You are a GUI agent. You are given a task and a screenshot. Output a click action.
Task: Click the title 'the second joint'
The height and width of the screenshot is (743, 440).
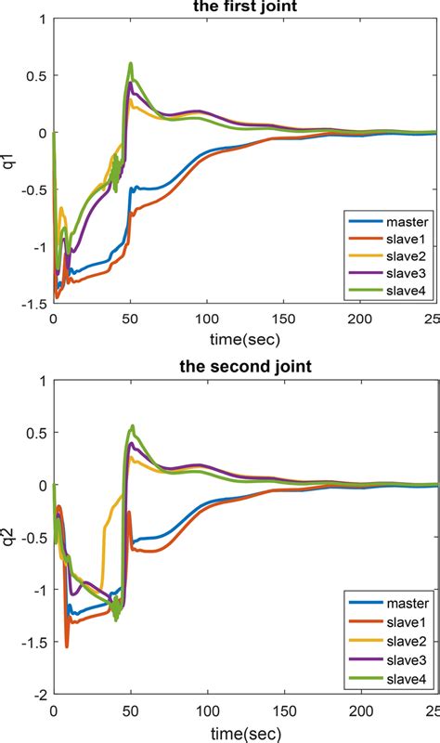click(245, 366)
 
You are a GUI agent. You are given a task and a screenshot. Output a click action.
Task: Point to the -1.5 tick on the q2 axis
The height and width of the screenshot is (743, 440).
click(34, 642)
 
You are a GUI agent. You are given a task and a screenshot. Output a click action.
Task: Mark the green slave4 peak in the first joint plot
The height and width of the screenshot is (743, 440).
click(131, 64)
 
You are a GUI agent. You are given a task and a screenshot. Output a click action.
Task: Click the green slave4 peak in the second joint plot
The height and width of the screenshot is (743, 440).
click(133, 426)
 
